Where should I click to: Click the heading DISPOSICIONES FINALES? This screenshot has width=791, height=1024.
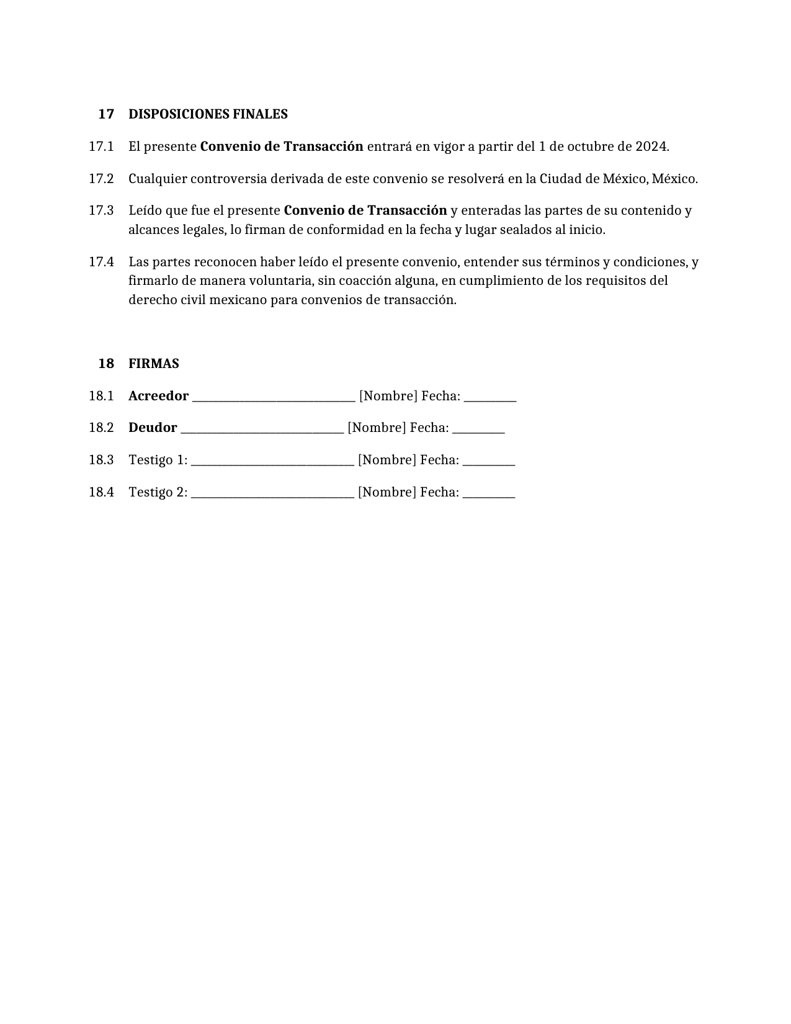[208, 114]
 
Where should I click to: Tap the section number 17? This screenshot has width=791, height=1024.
[106, 114]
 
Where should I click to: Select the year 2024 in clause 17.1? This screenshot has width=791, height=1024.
[651, 146]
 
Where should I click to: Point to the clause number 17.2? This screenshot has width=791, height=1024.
[101, 179]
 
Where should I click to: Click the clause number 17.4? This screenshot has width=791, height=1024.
[101, 262]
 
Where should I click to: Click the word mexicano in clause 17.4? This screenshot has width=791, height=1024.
[238, 300]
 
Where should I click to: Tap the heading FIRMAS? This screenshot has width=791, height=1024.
[154, 364]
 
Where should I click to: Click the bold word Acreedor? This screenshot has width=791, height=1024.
[158, 396]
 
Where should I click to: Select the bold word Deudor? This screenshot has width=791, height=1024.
[153, 428]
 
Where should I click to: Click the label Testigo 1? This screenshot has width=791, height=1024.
[158, 460]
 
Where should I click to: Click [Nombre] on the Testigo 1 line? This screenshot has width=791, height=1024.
[387, 460]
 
